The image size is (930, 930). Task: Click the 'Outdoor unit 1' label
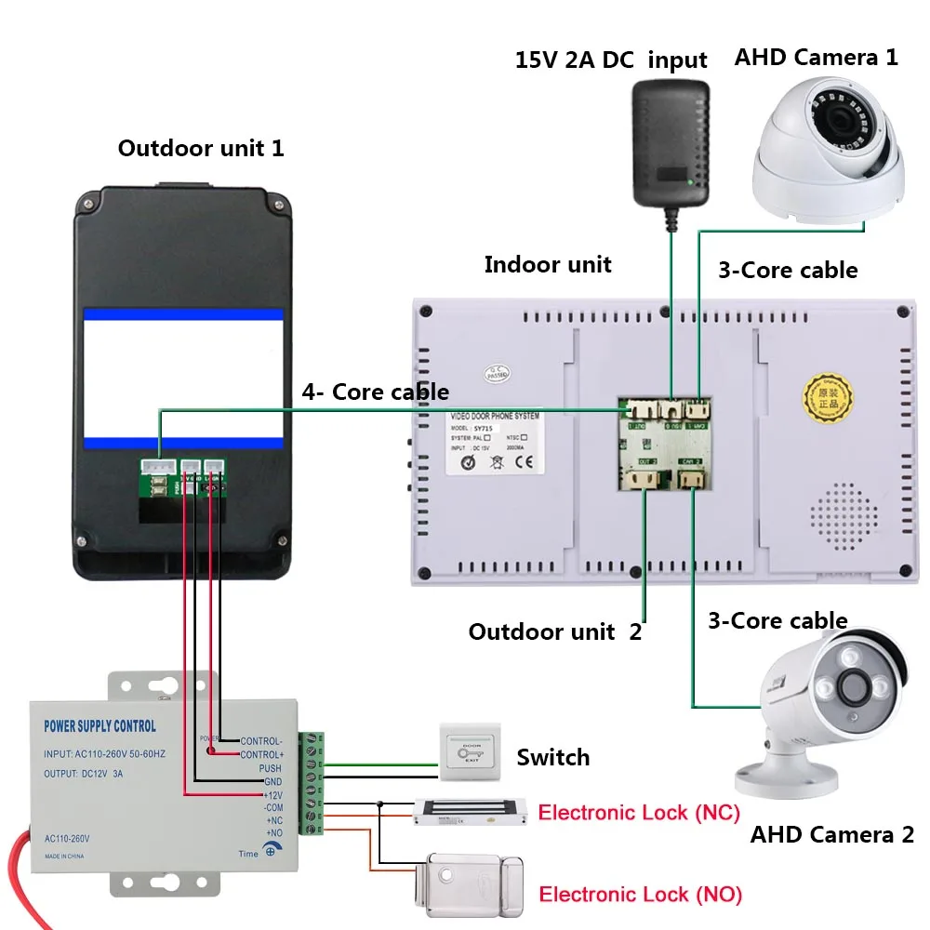[201, 148]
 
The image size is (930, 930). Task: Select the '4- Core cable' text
[375, 392]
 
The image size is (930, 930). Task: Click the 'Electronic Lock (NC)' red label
[639, 813]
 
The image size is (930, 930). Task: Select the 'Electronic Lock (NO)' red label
[641, 895]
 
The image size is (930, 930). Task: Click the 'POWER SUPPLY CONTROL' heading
[100, 726]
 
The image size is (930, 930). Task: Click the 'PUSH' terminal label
[270, 769]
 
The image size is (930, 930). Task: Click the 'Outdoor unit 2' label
[554, 632]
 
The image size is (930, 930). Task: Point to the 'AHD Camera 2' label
[832, 834]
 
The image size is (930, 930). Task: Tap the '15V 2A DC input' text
[611, 60]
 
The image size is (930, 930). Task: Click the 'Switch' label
[552, 757]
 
